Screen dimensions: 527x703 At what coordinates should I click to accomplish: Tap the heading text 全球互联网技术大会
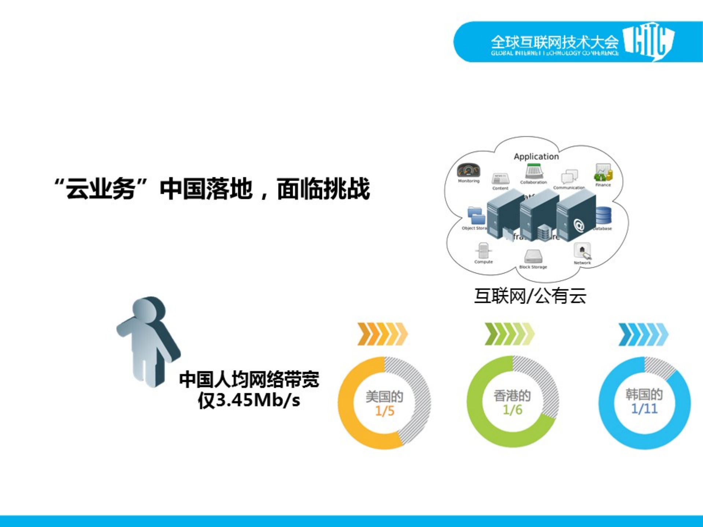[554, 42]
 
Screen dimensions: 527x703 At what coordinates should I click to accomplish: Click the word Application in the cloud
[536, 156]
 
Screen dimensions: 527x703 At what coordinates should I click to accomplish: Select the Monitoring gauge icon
[468, 171]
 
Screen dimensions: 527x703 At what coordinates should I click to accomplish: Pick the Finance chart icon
[603, 172]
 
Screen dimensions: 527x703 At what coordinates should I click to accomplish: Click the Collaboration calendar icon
[534, 171]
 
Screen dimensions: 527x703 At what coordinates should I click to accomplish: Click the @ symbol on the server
[579, 225]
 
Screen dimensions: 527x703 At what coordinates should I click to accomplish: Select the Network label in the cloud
[582, 263]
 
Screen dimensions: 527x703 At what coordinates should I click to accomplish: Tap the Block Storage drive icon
[533, 256]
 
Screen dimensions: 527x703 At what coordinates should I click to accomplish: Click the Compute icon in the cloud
[483, 251]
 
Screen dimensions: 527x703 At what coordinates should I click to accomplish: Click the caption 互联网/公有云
[530, 296]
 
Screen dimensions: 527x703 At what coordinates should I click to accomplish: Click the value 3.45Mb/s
[258, 400]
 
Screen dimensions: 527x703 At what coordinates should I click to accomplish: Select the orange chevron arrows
[382, 334]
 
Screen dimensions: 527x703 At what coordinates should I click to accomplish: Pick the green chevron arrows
[509, 334]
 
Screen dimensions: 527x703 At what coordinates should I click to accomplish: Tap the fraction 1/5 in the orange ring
[385, 411]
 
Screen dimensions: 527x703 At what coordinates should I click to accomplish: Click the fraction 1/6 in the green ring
[512, 410]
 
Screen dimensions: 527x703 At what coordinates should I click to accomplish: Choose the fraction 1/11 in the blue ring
[644, 408]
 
